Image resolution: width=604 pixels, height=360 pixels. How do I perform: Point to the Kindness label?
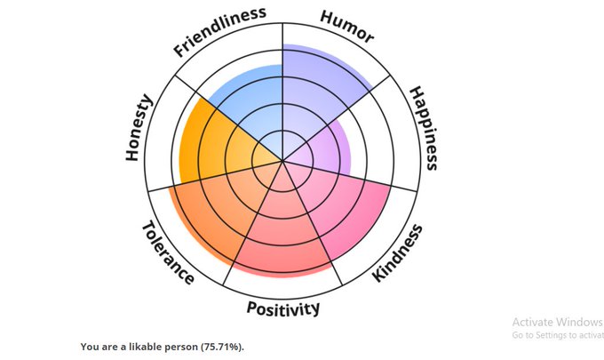pos(397,252)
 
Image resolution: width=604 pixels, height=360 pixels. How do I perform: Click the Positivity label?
pos(282,308)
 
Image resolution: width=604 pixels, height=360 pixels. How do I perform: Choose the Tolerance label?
pos(168,252)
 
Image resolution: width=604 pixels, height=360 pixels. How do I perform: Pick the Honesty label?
pos(139,128)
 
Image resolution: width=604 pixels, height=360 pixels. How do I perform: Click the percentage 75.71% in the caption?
pos(219,346)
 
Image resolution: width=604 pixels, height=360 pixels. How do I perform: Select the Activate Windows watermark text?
pos(557,323)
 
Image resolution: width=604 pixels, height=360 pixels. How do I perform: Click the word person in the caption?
pos(176,346)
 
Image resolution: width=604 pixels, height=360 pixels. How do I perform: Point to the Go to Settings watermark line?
pos(557,336)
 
